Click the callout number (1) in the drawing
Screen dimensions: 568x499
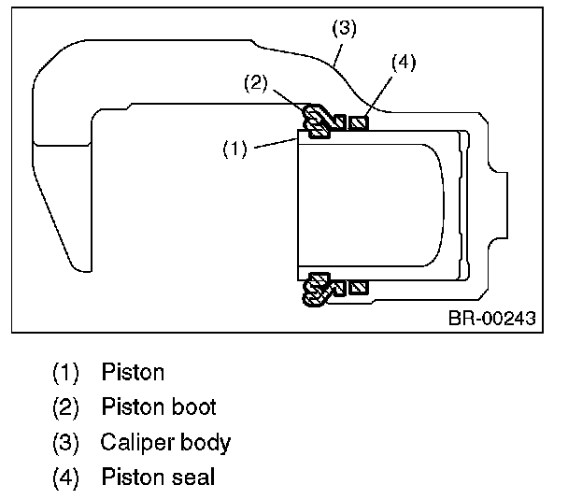click(x=234, y=149)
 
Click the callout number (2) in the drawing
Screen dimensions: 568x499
click(x=256, y=83)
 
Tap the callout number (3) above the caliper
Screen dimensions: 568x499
click(x=344, y=28)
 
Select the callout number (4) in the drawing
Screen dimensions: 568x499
click(x=404, y=62)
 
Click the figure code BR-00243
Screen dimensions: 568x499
click(x=492, y=318)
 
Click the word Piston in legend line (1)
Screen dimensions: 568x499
click(x=133, y=371)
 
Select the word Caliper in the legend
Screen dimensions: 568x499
click(x=137, y=443)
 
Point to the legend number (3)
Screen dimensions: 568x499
click(x=65, y=442)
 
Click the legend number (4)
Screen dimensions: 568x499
click(x=65, y=477)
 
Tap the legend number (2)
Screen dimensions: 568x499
click(x=65, y=407)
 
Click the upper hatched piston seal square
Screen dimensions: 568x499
click(x=359, y=122)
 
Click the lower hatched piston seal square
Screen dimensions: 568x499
click(x=359, y=288)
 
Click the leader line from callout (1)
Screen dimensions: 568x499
click(x=276, y=144)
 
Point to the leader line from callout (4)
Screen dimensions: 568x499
click(x=378, y=95)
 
